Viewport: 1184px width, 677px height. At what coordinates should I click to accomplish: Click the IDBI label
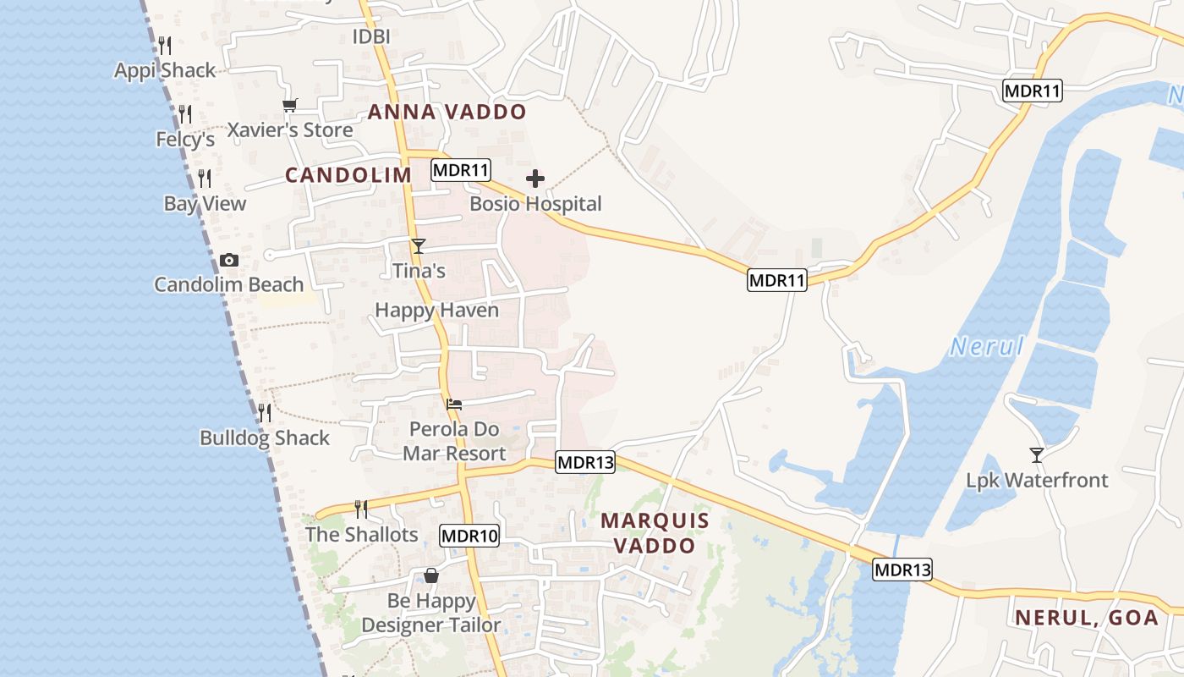point(370,36)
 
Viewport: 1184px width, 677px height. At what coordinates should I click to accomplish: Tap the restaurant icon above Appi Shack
point(165,46)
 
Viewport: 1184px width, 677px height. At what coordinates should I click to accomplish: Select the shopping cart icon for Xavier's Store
point(290,105)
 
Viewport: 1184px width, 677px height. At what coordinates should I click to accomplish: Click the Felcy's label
point(185,139)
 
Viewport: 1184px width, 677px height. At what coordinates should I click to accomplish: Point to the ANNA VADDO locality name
point(447,112)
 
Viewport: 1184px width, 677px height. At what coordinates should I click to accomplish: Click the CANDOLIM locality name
point(348,175)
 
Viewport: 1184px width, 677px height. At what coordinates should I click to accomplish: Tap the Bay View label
point(205,204)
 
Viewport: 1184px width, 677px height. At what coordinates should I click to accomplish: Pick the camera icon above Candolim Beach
point(228,260)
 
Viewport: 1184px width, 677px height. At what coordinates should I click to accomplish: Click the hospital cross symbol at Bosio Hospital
point(535,179)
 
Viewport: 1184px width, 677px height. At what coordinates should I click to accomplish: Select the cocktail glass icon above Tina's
point(418,246)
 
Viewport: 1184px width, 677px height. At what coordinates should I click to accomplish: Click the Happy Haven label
point(436,311)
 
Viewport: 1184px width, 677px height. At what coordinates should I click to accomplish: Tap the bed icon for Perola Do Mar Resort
point(454,404)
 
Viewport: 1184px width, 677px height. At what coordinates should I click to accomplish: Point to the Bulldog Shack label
point(265,438)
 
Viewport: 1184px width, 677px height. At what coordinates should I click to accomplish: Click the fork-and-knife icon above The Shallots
point(361,509)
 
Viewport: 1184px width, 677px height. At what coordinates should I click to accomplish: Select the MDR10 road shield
point(469,535)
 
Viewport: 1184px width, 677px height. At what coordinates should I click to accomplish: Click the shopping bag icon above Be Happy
point(431,575)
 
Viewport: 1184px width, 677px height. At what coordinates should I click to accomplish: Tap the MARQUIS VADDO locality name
point(655,533)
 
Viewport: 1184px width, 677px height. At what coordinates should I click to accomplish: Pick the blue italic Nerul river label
point(986,346)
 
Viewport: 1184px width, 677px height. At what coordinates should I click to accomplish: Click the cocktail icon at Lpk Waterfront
point(1037,454)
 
